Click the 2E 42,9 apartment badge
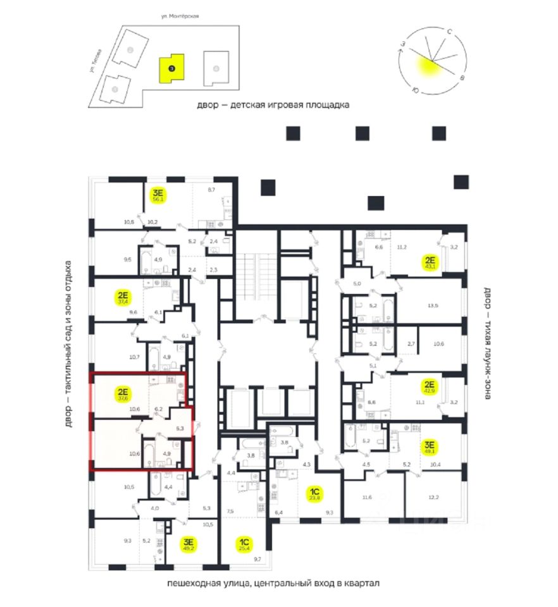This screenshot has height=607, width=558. click(x=430, y=387)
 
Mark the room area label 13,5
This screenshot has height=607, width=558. click(x=433, y=305)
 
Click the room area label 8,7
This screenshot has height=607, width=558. click(x=211, y=189)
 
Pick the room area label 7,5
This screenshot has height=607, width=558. click(x=230, y=511)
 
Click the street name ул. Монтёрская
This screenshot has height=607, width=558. click(x=181, y=16)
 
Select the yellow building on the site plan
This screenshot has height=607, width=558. click(x=171, y=66)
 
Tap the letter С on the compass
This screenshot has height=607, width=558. click(x=449, y=31)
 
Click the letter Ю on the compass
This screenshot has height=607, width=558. click(x=414, y=90)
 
